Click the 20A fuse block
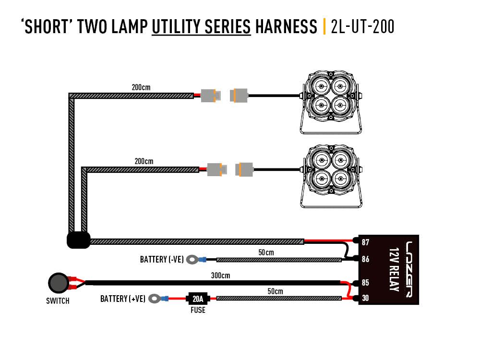[x=198, y=299]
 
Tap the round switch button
[x=59, y=283]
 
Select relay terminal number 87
[x=365, y=242]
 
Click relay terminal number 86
[x=365, y=259]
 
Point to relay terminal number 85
[x=365, y=283]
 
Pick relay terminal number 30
[x=365, y=298]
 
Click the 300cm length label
[x=220, y=276]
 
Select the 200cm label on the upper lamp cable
[x=141, y=87]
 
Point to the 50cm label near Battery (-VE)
[x=266, y=252]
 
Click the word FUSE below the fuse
[x=198, y=310]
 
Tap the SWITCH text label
[x=58, y=301]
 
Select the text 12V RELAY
[x=394, y=269]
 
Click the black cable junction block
[x=79, y=240]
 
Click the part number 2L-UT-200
[x=362, y=26]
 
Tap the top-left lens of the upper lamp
[x=321, y=86]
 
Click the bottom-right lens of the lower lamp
[x=340, y=180]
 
